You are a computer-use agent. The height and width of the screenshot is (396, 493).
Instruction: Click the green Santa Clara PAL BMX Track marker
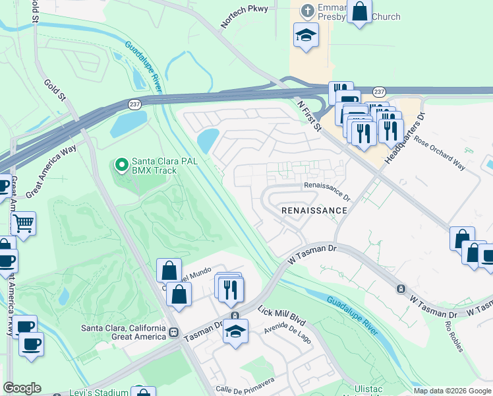pyautogui.click(x=121, y=163)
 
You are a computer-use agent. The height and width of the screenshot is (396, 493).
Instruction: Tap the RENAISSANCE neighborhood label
pyautogui.click(x=314, y=210)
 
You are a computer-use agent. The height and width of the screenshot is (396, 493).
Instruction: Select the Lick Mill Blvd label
pyautogui.click(x=281, y=315)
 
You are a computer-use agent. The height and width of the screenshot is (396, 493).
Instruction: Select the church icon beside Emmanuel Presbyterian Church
pyautogui.click(x=306, y=10)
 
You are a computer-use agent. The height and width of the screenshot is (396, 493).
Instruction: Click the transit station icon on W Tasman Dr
pyautogui.click(x=400, y=289)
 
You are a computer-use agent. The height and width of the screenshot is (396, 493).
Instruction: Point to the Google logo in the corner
pyautogui.click(x=22, y=388)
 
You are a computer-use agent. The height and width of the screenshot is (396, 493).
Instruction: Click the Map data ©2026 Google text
pyautogui.click(x=452, y=391)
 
